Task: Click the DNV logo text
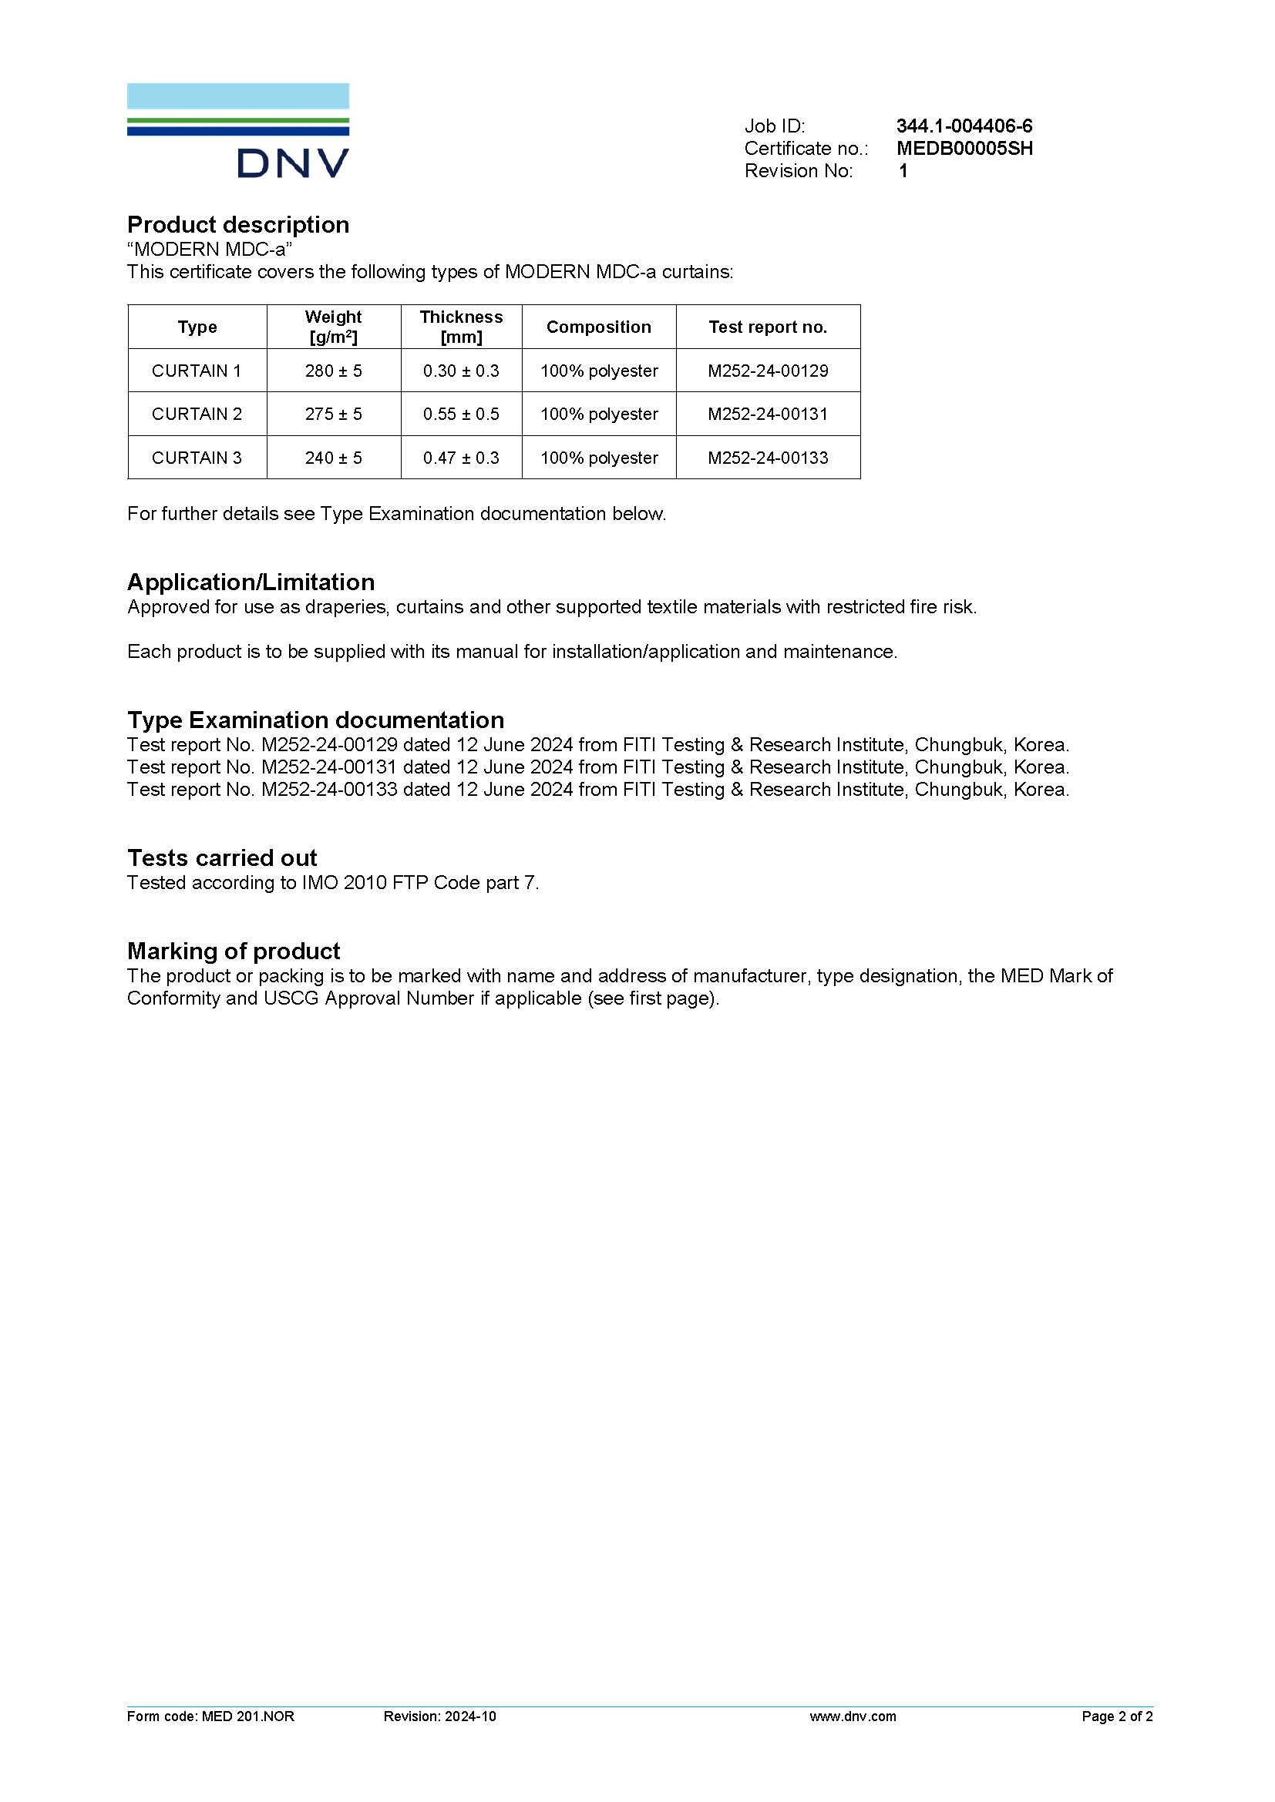tap(292, 163)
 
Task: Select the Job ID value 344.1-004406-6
tap(964, 126)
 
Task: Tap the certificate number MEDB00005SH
tap(964, 149)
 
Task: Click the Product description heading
tap(238, 225)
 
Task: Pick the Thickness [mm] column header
tap(461, 327)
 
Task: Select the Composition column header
tap(598, 327)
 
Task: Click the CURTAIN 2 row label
tap(197, 414)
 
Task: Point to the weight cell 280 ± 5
tap(334, 371)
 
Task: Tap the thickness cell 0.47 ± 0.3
tap(461, 458)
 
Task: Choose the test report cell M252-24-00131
tap(767, 414)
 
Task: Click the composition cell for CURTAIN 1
tap(598, 371)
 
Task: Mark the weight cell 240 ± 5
tap(334, 458)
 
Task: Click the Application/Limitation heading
tap(251, 582)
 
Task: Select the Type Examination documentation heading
tap(315, 720)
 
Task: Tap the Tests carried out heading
tap(222, 857)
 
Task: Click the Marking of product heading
tap(233, 951)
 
